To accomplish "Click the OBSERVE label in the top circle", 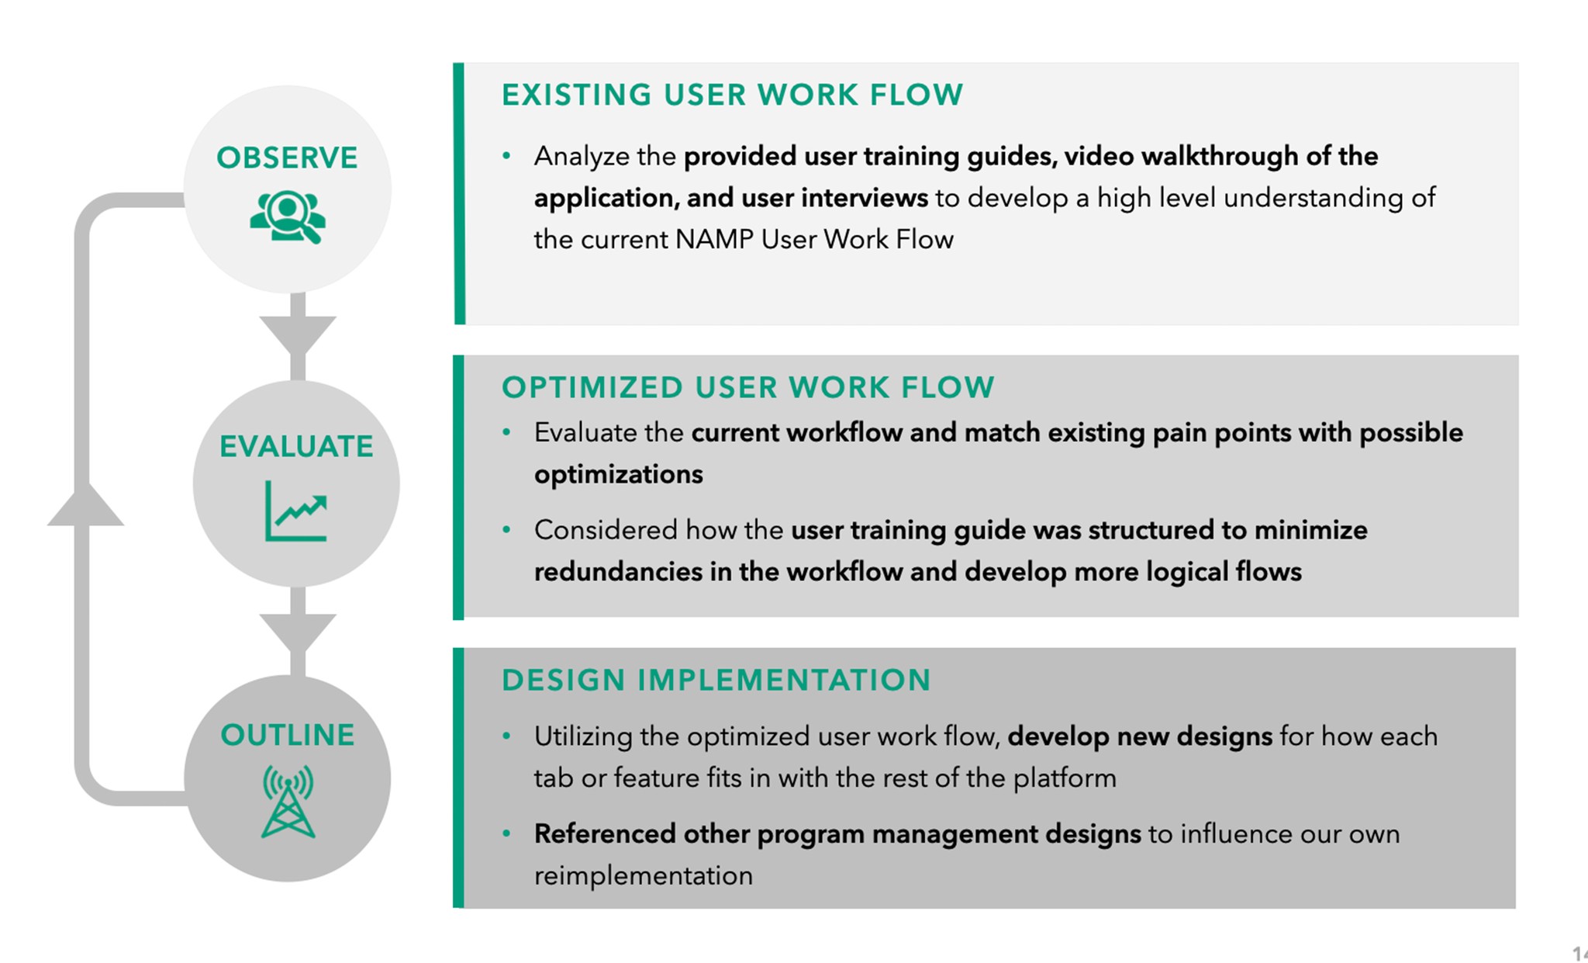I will coord(287,158).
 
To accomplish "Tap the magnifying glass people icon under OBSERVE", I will coord(287,217).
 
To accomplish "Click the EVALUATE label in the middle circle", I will coord(296,446).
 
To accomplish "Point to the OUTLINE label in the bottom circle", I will coord(288,735).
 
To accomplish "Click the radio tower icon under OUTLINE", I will coord(288,802).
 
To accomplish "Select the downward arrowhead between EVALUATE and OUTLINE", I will coord(298,631).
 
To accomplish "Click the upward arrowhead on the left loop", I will coord(85,506).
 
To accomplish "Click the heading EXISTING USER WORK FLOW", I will coord(732,95).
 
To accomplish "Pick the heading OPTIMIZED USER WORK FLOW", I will coord(747,387).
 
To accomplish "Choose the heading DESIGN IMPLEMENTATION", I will coord(716,680).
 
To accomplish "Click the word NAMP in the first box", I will coord(714,239).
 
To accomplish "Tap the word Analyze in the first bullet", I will coord(582,156).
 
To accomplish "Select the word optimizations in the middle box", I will coord(618,474).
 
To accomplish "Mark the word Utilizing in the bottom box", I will coord(583,736).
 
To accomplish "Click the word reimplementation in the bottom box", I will coord(643,876).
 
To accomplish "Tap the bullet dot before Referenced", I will coord(506,834).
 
